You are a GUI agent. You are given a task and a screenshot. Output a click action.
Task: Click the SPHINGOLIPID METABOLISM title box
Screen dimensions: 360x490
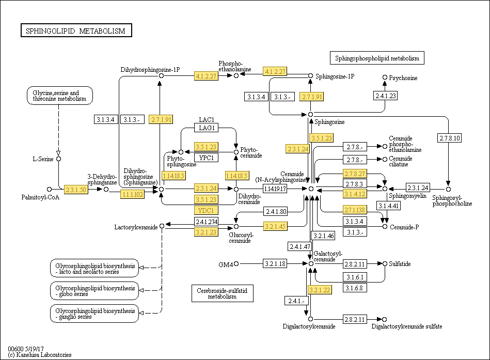pyautogui.click(x=76, y=31)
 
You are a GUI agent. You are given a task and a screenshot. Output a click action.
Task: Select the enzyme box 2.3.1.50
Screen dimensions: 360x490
pyautogui.click(x=76, y=190)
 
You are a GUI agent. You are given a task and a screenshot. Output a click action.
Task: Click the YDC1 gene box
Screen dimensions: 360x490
pyautogui.click(x=206, y=210)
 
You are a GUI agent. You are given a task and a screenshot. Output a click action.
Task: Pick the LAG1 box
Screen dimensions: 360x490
pyautogui.click(x=206, y=128)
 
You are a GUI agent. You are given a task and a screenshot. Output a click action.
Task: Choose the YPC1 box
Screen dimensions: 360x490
pyautogui.click(x=206, y=157)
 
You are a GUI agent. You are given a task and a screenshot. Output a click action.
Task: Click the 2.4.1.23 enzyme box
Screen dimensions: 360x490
pyautogui.click(x=385, y=96)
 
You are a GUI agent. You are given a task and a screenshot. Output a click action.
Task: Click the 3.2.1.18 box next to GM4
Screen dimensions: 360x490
pyautogui.click(x=275, y=264)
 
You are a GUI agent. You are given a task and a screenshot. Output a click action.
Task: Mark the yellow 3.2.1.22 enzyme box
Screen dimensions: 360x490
pyautogui.click(x=319, y=290)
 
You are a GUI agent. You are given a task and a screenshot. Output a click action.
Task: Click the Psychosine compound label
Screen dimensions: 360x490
pyautogui.click(x=403, y=78)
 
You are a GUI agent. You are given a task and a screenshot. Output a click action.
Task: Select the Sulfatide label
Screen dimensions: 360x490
pyautogui.click(x=400, y=264)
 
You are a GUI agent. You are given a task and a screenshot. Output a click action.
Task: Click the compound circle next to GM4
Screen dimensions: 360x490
pyautogui.click(x=236, y=264)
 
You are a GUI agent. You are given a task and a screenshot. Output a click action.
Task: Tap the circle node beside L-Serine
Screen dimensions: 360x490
pyautogui.click(x=58, y=159)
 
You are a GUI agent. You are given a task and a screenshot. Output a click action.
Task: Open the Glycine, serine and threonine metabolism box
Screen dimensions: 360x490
pyautogui.click(x=60, y=96)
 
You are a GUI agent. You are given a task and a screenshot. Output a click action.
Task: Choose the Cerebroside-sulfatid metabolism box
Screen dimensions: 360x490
pyautogui.click(x=222, y=293)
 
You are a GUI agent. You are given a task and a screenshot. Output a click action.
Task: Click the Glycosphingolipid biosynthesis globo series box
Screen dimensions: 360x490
pyautogui.click(x=94, y=291)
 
